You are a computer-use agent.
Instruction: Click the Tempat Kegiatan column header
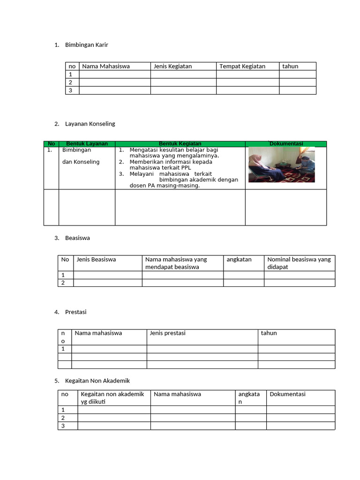(x=242, y=66)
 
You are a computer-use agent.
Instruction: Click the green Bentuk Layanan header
(x=87, y=143)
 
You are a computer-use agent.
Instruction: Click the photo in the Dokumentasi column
(x=281, y=165)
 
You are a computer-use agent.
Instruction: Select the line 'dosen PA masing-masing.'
(x=165, y=186)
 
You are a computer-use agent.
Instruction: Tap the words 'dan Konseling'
(x=81, y=162)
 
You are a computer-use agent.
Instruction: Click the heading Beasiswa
(x=77, y=238)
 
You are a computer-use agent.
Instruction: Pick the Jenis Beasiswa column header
(x=96, y=259)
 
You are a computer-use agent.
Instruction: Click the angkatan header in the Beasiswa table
(x=239, y=259)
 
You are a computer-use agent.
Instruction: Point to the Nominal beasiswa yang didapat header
(x=299, y=263)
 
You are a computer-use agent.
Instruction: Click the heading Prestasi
(x=75, y=312)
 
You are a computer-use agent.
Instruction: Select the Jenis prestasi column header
(x=167, y=333)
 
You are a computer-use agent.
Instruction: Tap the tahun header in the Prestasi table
(x=269, y=333)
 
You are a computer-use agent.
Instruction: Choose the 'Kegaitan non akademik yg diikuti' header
(x=112, y=398)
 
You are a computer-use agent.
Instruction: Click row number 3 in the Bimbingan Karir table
(x=71, y=90)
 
